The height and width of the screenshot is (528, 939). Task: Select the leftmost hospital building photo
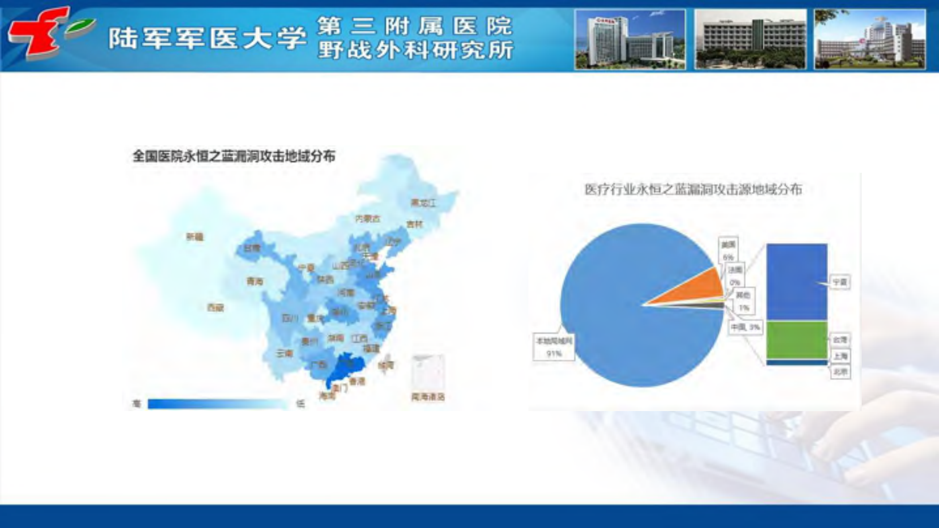click(x=630, y=39)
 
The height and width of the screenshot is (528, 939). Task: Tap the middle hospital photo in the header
click(x=750, y=39)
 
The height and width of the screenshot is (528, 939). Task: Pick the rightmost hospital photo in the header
click(x=870, y=39)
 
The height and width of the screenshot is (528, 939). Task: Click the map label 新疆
click(x=195, y=237)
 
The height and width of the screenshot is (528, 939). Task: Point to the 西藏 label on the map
click(x=215, y=307)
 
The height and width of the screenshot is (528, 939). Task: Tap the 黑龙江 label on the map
click(x=423, y=203)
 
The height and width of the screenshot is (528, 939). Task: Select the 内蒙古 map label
click(x=367, y=219)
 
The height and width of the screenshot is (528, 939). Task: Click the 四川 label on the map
click(x=290, y=318)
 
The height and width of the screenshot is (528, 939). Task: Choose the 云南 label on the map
click(x=284, y=353)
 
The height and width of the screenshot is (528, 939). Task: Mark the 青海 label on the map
click(x=254, y=281)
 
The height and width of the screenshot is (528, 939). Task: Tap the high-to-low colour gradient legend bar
click(x=217, y=404)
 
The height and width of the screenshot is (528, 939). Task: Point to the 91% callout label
click(x=553, y=347)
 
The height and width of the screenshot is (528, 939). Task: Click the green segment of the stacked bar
click(x=797, y=340)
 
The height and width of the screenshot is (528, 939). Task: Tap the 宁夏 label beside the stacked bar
click(x=840, y=282)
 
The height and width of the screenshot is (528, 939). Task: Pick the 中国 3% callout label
click(x=745, y=327)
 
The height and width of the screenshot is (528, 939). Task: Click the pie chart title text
click(x=693, y=189)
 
